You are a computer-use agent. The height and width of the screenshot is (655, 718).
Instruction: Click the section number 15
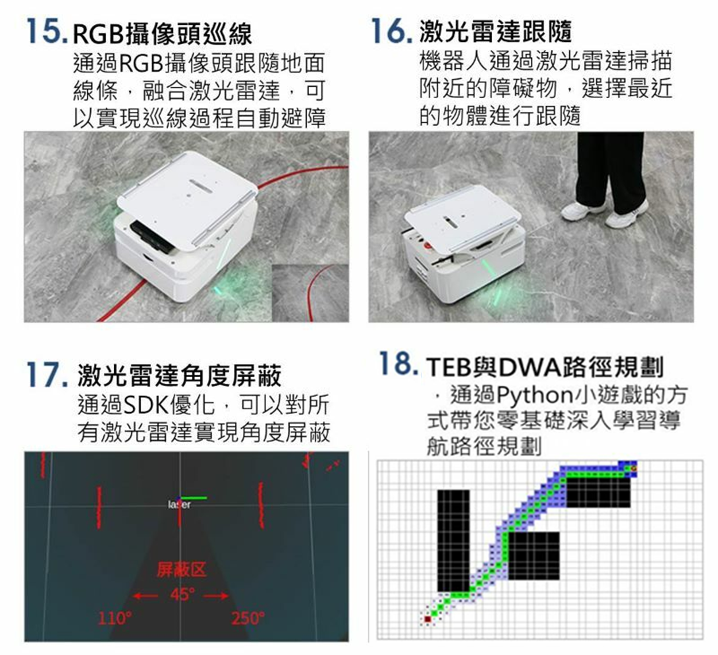47,32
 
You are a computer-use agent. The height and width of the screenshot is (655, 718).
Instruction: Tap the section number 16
392,31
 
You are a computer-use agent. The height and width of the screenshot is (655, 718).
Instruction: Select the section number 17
48,374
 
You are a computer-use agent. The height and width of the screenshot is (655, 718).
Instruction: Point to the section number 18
399,363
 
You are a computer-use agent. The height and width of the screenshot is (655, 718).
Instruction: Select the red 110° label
115,618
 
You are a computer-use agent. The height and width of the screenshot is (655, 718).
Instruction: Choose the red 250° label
248,618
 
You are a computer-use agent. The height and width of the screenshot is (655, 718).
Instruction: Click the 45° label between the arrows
182,594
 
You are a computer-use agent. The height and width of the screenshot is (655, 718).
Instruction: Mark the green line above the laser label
194,498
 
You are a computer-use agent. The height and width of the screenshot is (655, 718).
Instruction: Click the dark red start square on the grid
427,619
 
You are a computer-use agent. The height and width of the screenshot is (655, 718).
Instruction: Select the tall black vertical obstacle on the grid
453,541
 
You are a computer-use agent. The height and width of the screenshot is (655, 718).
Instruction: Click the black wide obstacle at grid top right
599,492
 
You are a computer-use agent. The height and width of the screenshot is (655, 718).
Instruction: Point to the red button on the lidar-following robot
427,246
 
